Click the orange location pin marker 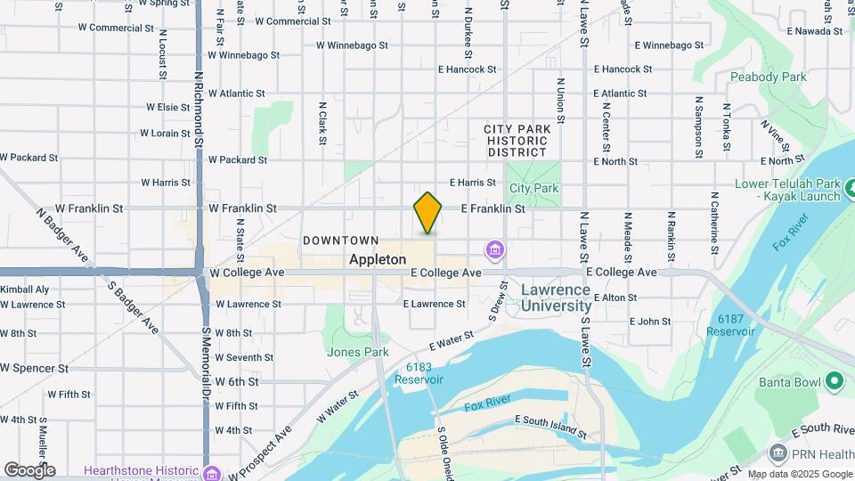pyautogui.click(x=427, y=213)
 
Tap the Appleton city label pyautogui.click(x=378, y=260)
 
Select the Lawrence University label pyautogui.click(x=556, y=298)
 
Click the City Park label pyautogui.click(x=533, y=188)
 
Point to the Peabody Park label pyautogui.click(x=768, y=77)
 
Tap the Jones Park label pyautogui.click(x=357, y=352)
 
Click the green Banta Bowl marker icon pyautogui.click(x=835, y=382)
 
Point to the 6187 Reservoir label pyautogui.click(x=730, y=325)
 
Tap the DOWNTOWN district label pyautogui.click(x=341, y=240)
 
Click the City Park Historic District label pyautogui.click(x=517, y=141)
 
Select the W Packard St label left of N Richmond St pyautogui.click(x=28, y=158)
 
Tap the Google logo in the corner pyautogui.click(x=29, y=469)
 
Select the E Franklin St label pyautogui.click(x=493, y=208)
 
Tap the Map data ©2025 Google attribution pyautogui.click(x=800, y=474)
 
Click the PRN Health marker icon pyautogui.click(x=778, y=454)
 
